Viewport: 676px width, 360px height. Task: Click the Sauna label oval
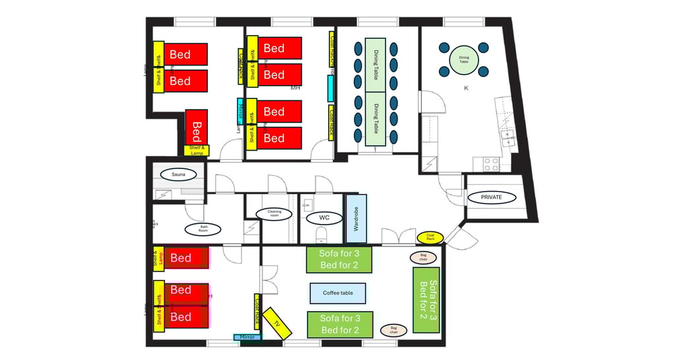[178, 175]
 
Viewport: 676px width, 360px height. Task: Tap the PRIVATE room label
[491, 197]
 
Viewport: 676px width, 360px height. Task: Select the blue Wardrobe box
[356, 219]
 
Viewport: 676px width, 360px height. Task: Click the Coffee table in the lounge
[337, 293]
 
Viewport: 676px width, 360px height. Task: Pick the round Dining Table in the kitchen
[464, 59]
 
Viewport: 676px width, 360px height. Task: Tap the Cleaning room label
[274, 215]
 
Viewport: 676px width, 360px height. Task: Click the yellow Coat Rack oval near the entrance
[430, 236]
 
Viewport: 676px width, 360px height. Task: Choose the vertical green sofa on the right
[426, 300]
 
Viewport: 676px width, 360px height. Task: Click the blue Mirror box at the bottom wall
[248, 337]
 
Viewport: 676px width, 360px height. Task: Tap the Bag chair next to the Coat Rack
[422, 258]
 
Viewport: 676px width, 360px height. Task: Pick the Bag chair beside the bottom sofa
[393, 330]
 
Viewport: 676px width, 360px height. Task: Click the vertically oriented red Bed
[197, 126]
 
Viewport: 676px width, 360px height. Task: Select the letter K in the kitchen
[466, 87]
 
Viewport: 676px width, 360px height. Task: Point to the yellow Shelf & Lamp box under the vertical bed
[196, 150]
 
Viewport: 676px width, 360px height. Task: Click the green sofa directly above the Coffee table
[339, 260]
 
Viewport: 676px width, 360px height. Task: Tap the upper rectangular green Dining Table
[375, 65]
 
